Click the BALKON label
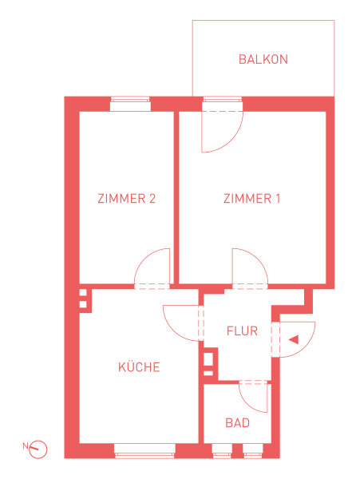263,59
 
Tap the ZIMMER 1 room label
251,199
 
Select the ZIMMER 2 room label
126,199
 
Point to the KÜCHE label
139,366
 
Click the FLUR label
242,331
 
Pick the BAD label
237,423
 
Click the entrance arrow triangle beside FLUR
294,340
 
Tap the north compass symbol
38,449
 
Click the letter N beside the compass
26,445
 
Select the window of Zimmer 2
130,104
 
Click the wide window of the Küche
144,451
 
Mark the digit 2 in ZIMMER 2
152,199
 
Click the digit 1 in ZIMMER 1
278,199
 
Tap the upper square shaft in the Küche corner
83,293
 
